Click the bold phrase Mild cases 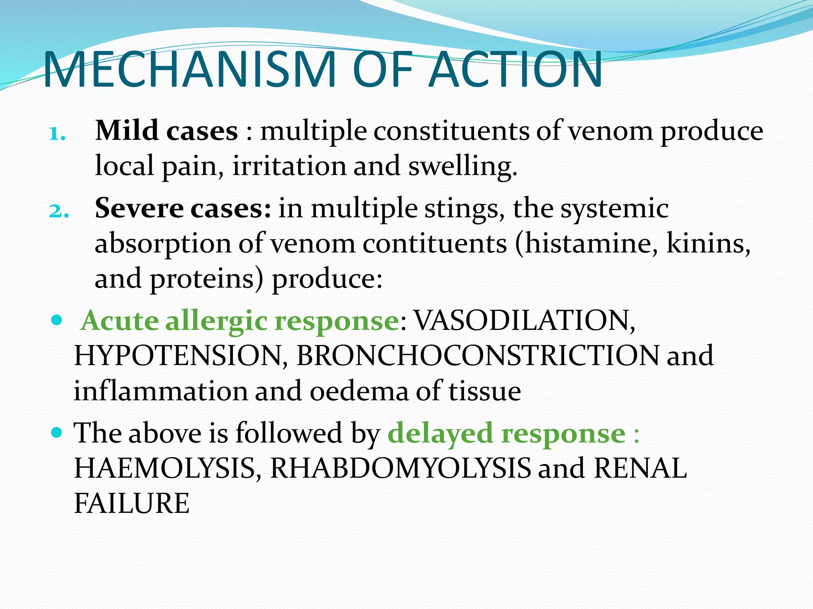point(166,131)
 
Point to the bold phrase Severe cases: point(183,209)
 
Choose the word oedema point(359,391)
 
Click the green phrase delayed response point(507,433)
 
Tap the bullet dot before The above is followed point(57,432)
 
